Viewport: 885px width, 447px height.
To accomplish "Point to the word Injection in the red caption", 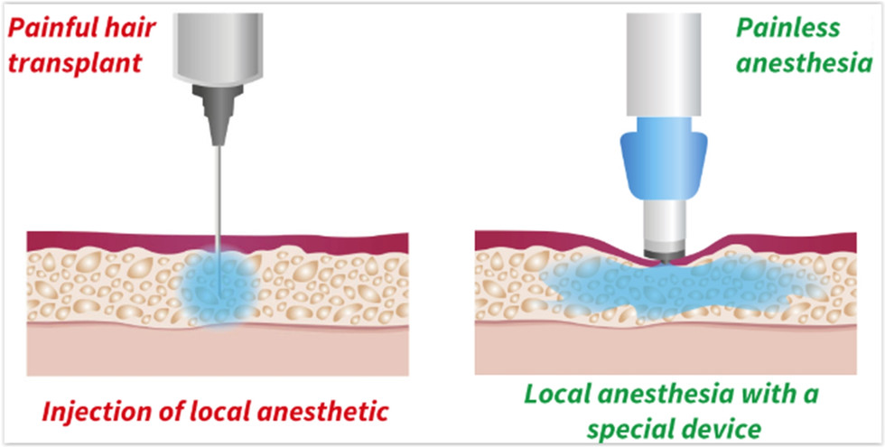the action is coord(83,413).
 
